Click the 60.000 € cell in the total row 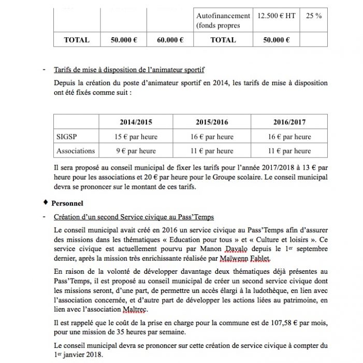(170, 39)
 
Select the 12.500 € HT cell (276, 16)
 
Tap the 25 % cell (314, 16)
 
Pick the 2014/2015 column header (135, 122)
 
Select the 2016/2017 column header (289, 122)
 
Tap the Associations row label (75, 151)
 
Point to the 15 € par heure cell (135, 137)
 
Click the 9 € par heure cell (135, 151)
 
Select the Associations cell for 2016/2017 (289, 151)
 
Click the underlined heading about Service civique (134, 217)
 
